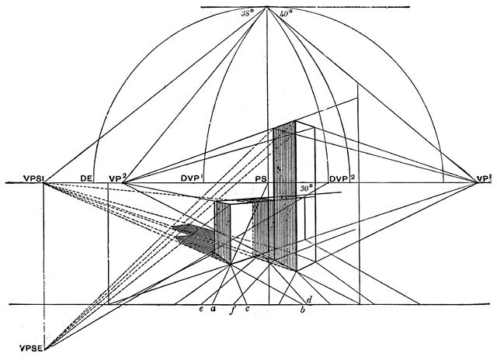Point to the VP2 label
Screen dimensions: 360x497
(x=117, y=176)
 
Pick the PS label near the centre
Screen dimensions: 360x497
(x=262, y=177)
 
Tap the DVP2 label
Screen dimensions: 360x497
(x=342, y=177)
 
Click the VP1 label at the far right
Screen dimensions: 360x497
(x=485, y=177)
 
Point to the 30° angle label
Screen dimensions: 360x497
(x=306, y=189)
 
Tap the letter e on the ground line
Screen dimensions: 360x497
(x=201, y=310)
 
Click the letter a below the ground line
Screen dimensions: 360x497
(x=213, y=310)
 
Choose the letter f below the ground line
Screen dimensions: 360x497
(x=232, y=311)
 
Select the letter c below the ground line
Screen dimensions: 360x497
(x=247, y=310)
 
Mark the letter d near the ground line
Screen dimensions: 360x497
(x=308, y=299)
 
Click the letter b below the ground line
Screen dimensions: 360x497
(x=301, y=311)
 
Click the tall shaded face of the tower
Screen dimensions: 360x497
(x=283, y=194)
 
